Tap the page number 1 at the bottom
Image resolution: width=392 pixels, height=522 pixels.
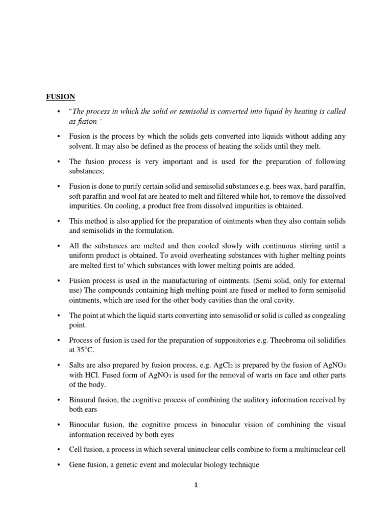[x=195, y=485]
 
